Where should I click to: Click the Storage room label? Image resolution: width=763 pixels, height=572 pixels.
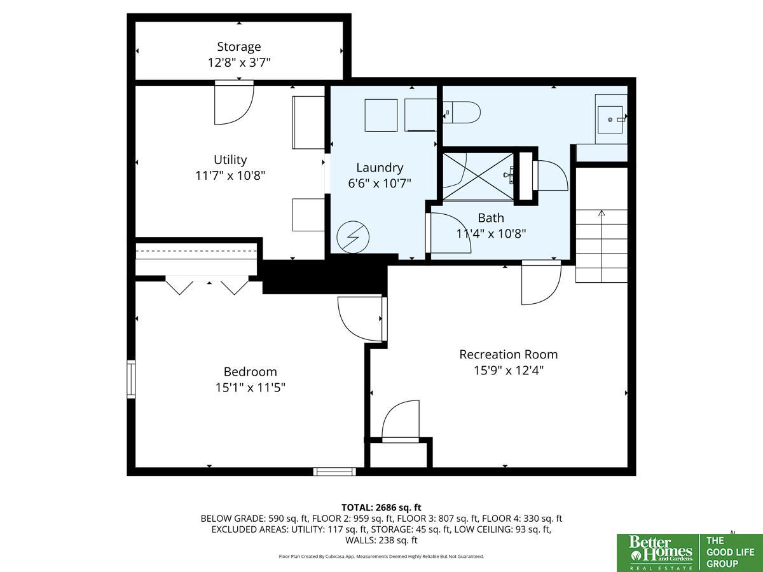pos(239,46)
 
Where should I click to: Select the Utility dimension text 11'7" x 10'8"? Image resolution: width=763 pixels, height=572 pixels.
pos(230,176)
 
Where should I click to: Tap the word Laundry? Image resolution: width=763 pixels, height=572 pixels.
pos(380,168)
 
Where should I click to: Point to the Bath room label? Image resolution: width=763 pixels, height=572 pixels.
pos(491,218)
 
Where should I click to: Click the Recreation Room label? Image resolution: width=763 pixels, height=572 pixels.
pos(508,354)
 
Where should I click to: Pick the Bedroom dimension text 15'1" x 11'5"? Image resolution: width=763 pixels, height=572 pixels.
pos(251,387)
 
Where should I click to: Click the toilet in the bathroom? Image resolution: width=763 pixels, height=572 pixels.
pos(462,112)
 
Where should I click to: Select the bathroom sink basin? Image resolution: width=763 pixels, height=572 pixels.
pos(610,120)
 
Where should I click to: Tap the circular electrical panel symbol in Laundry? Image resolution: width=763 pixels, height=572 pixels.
pos(353,237)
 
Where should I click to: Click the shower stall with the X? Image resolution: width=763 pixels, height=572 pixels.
pos(478,177)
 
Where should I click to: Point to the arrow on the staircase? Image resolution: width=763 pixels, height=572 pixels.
pos(601,246)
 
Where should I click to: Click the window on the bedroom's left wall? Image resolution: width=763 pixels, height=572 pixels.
pos(131,379)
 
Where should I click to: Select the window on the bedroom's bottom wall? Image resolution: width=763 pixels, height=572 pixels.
pos(334,472)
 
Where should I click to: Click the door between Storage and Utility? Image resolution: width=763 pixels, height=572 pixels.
pos(234,102)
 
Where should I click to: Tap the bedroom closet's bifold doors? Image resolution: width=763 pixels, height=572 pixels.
pos(207,285)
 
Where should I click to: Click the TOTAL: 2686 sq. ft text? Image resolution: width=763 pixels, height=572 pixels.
pos(381,507)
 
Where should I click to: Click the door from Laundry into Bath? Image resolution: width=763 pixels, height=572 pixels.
pos(448,233)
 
